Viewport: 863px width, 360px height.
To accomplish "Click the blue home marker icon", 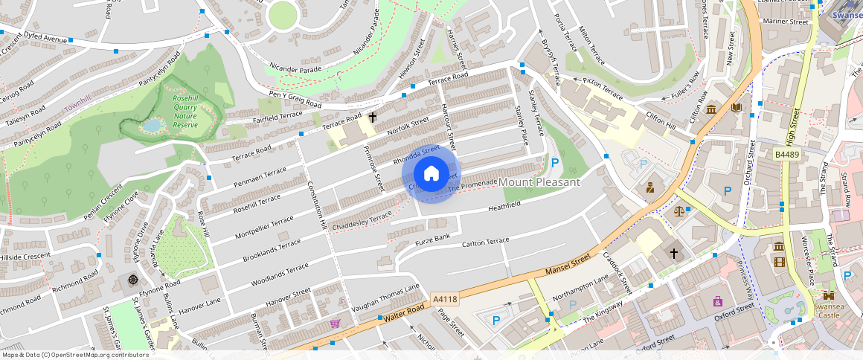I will tap(431, 174).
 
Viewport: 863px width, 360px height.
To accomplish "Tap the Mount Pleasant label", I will tap(539, 182).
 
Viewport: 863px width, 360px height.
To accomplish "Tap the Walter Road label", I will tap(404, 312).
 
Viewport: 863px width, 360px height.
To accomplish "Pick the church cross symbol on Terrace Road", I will tap(372, 118).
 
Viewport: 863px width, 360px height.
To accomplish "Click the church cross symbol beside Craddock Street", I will tap(674, 254).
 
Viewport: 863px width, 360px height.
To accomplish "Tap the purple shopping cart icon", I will tap(336, 324).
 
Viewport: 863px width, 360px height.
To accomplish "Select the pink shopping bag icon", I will tap(717, 301).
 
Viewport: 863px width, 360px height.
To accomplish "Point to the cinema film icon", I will tap(779, 261).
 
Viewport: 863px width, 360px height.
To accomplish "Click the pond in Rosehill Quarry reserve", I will tap(153, 126).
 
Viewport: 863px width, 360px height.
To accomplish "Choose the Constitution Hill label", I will tap(316, 205).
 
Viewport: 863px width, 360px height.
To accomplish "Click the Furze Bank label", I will tap(433, 239).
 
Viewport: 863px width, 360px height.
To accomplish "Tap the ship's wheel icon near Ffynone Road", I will tap(133, 280).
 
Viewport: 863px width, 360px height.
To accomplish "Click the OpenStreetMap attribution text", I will tap(75, 355).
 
